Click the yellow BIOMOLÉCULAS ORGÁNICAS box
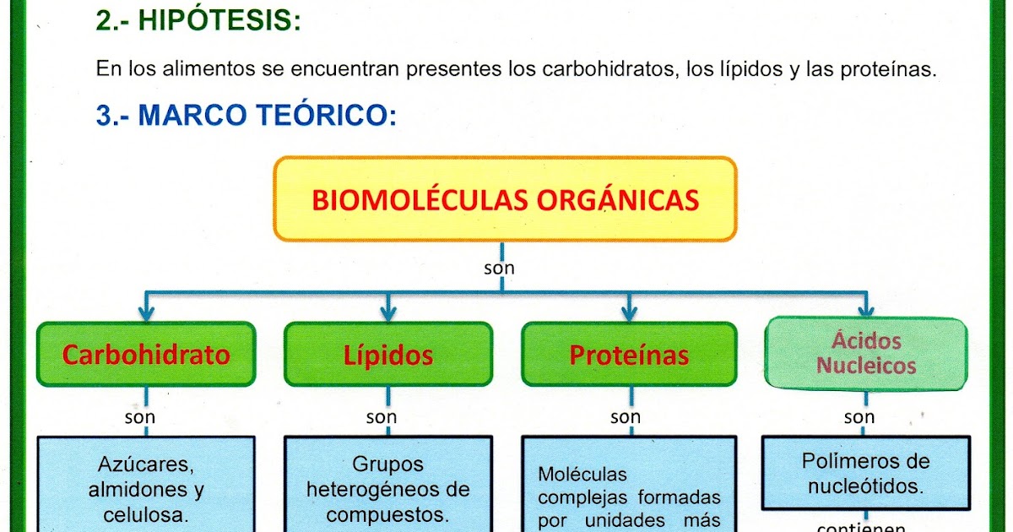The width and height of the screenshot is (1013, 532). tap(505, 200)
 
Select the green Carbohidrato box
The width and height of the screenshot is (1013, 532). tap(146, 355)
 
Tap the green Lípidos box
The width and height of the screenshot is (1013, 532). tap(387, 355)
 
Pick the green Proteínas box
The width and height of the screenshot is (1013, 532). tap(629, 355)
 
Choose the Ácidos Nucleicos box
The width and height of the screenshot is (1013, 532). tap(865, 353)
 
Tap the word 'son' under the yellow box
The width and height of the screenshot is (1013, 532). tap(500, 269)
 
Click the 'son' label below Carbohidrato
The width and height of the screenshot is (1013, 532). tap(140, 416)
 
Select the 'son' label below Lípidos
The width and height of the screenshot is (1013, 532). tap(382, 416)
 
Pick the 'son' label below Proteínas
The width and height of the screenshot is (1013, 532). tap(626, 416)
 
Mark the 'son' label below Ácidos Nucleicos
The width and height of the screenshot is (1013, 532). tap(859, 416)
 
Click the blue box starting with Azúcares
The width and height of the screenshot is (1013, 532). tap(146, 486)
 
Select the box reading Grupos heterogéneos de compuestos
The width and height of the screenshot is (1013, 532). tap(387, 486)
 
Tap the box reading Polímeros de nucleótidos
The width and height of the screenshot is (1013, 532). tap(865, 473)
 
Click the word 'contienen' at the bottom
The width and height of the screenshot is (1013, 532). tap(861, 527)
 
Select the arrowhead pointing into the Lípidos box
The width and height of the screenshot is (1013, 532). tap(387, 313)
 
